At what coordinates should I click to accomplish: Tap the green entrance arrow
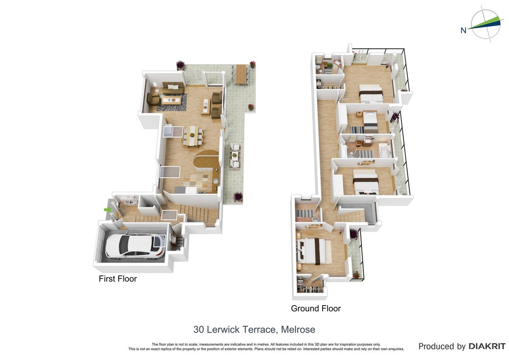click(107, 210)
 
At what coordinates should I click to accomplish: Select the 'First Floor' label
click(118, 279)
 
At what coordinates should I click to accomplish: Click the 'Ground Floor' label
click(315, 308)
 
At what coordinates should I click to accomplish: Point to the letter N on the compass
click(463, 30)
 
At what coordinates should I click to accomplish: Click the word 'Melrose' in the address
click(298, 329)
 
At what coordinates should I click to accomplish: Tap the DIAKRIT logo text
click(487, 346)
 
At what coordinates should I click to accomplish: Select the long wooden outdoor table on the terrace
click(241, 74)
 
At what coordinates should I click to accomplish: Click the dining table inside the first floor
click(193, 135)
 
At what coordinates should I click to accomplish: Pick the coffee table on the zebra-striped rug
click(171, 99)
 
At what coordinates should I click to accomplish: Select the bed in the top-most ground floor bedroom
click(371, 94)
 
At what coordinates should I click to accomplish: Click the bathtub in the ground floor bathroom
click(385, 152)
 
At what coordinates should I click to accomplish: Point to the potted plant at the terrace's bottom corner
click(238, 197)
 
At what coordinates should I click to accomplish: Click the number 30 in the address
click(198, 329)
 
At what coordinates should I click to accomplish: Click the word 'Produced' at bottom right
click(437, 346)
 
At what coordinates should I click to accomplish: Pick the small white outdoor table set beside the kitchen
click(235, 156)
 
